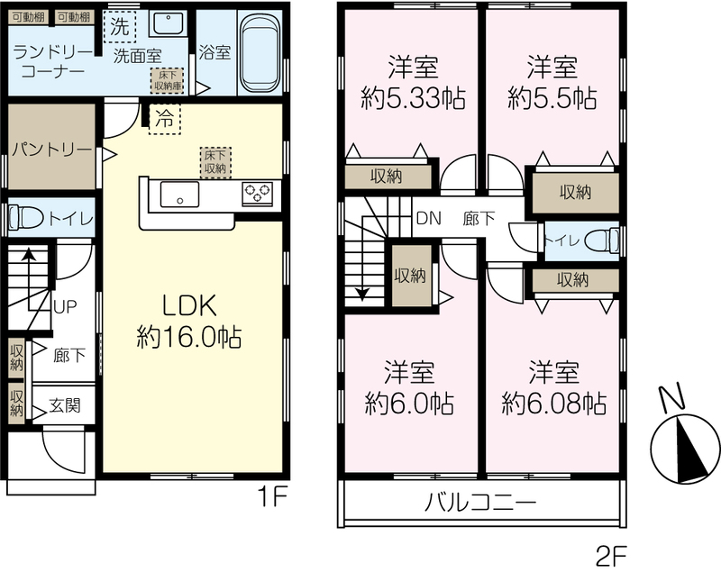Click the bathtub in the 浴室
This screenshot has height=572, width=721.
(x=260, y=53)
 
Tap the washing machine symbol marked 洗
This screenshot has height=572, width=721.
(x=120, y=27)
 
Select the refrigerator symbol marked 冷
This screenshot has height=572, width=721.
(x=164, y=119)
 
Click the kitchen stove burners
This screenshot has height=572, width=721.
(x=258, y=193)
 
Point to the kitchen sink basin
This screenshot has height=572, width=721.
(x=179, y=195)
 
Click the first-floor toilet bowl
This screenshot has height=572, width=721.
(x=26, y=217)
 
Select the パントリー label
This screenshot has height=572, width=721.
(x=52, y=150)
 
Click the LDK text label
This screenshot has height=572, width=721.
(x=189, y=306)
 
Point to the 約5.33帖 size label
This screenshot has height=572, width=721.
(x=413, y=98)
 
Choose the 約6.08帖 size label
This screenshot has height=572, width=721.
(x=553, y=403)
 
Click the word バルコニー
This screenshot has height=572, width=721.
(x=479, y=502)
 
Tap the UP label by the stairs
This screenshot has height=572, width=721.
(x=65, y=306)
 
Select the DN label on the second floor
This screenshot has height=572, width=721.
(x=429, y=218)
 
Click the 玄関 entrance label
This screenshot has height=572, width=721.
(x=65, y=405)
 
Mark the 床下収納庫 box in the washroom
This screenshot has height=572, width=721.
(x=168, y=81)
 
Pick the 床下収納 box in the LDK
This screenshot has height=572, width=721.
(x=215, y=162)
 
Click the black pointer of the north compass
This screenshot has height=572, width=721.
(x=691, y=450)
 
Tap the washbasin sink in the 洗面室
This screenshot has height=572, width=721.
(x=168, y=23)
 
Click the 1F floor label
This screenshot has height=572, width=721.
(x=272, y=497)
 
